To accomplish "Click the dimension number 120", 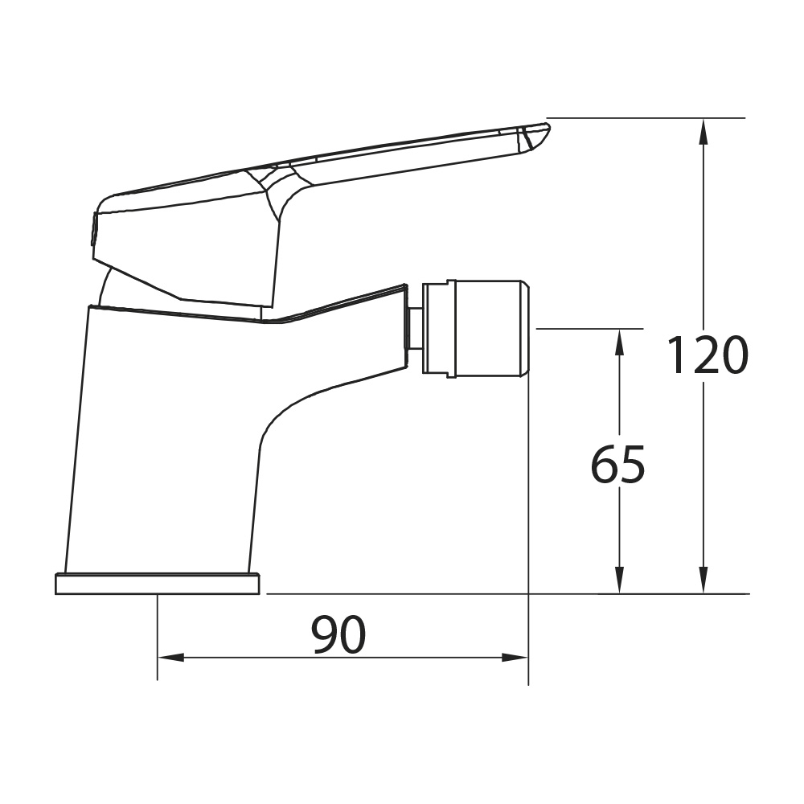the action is point(707,355).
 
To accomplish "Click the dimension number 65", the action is point(617,465).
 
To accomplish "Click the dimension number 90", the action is point(339,634).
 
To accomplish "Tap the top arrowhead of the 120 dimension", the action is point(704,131).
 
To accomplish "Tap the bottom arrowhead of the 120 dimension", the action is point(704,580).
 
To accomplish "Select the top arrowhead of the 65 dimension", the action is point(619,342).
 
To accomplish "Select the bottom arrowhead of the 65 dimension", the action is point(619,580).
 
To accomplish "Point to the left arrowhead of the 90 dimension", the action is point(170,658).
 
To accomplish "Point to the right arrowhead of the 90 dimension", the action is point(515,658).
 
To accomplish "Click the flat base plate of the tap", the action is point(158,584).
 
